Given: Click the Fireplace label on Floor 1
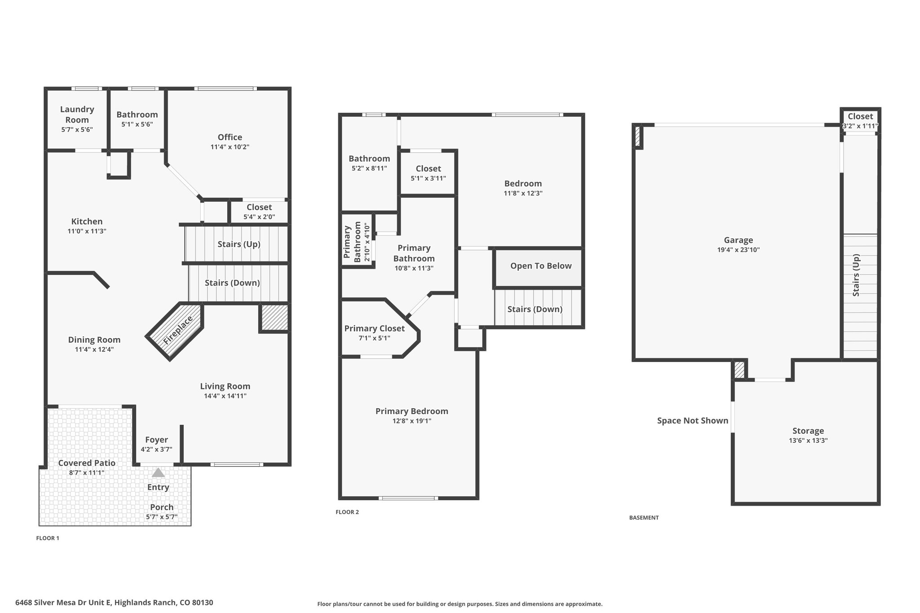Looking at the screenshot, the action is point(178,330).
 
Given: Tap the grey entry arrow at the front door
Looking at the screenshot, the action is point(158,472).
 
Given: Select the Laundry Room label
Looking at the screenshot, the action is point(77,115).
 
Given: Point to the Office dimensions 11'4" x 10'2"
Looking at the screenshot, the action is point(230,147).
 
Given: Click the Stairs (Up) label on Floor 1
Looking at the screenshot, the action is point(239,244).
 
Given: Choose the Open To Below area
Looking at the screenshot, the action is point(538,268).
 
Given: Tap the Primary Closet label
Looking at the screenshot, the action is point(375,328).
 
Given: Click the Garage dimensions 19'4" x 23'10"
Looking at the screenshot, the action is point(739,250).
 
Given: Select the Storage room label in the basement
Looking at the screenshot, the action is point(808,431).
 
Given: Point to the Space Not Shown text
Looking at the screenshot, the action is point(693,421).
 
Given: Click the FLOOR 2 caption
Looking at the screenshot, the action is point(347,512).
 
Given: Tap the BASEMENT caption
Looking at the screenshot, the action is point(644,518).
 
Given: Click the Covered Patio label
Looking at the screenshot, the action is point(87,463).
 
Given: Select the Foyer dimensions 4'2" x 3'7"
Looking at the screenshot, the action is point(156,450).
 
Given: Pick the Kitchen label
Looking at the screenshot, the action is point(87,221).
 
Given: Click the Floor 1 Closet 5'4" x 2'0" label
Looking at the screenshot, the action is point(259,212).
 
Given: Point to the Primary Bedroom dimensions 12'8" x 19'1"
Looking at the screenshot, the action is point(411,421).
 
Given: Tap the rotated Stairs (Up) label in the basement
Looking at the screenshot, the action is point(856,275).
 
